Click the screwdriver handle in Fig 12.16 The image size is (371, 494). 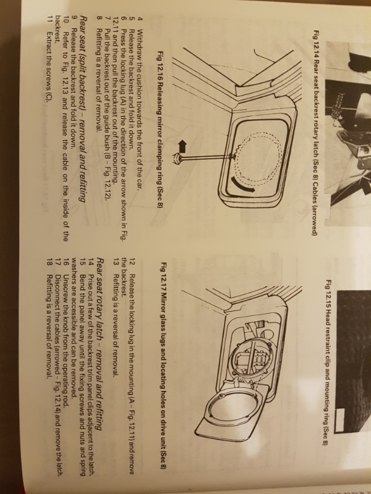(176, 157)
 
